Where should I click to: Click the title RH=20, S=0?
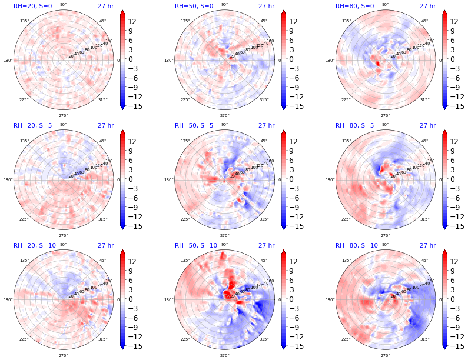point(32,6)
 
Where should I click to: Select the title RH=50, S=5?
point(194,125)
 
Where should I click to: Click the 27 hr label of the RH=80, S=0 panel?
point(427,6)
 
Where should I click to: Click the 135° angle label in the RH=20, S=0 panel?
point(24,21)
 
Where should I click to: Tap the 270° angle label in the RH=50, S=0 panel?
point(224,115)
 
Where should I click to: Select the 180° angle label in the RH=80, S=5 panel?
point(330,180)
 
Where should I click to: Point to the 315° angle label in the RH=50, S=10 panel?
point(264,339)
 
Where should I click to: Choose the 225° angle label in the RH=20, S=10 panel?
point(24,339)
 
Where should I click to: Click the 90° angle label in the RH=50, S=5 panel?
point(224,125)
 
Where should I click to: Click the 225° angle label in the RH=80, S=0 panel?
point(346,99)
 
